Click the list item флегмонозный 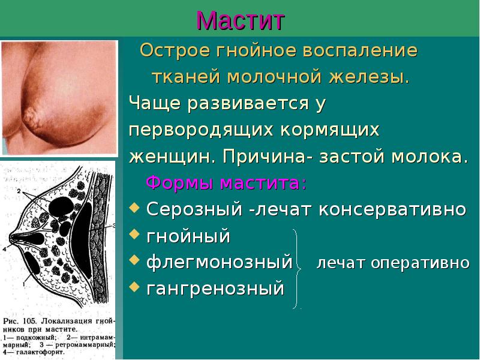(x=220, y=263)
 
